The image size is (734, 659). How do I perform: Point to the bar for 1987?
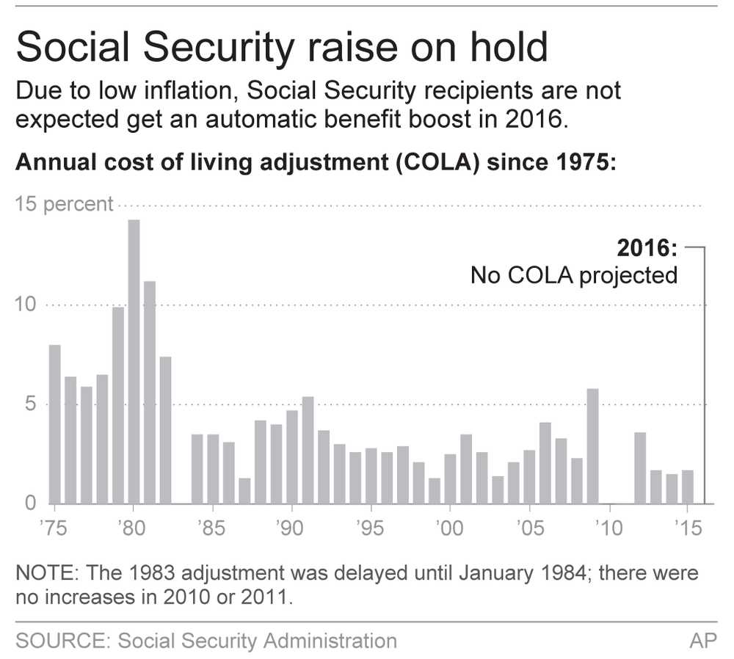click(244, 490)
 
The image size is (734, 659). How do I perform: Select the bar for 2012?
click(639, 467)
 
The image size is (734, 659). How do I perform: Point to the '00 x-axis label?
click(449, 528)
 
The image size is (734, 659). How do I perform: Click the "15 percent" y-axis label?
click(65, 204)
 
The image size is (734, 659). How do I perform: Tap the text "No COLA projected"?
click(573, 275)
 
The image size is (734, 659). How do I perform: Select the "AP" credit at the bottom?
click(702, 641)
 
